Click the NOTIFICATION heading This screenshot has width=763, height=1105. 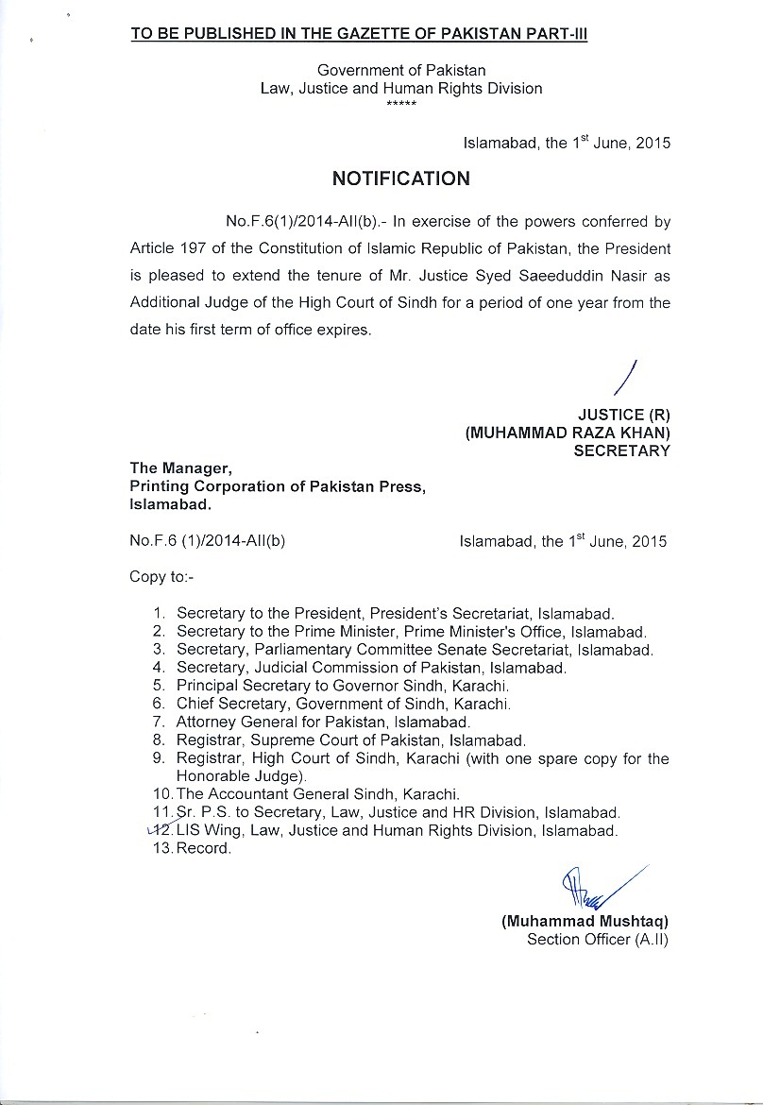pos(400,178)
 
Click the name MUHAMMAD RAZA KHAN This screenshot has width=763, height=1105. pos(568,433)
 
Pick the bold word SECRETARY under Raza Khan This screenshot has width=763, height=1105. pos(621,450)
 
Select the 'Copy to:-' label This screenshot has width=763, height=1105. pos(161,577)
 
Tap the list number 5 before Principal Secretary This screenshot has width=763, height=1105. pos(159,686)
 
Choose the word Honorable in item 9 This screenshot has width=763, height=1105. pos(209,775)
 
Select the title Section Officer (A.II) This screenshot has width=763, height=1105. pos(597,940)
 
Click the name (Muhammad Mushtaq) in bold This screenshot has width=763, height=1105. pos(585,922)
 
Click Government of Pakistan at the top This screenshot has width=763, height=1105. pos(401,71)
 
